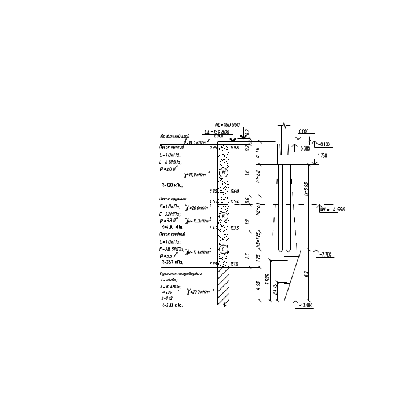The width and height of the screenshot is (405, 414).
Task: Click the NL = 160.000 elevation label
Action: (227, 124)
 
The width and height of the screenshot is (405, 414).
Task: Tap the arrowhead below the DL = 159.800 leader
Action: (233, 140)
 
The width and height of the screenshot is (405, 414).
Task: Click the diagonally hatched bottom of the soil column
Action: (224, 286)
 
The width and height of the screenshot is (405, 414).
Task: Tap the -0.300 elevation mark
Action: (325, 144)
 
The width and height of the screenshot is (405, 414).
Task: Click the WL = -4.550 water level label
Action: (333, 208)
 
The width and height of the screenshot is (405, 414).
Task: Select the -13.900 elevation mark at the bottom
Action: (307, 305)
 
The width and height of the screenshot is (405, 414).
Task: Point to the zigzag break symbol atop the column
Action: (284, 125)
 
